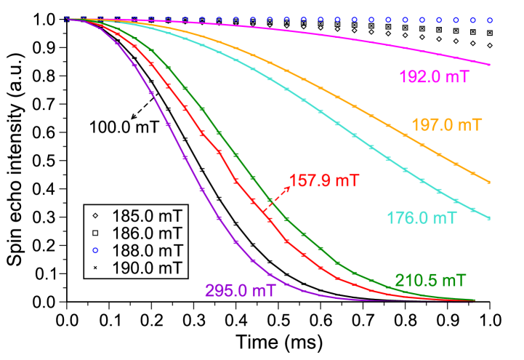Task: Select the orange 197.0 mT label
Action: point(446,125)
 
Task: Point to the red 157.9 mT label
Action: point(323,180)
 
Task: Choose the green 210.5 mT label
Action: point(430,280)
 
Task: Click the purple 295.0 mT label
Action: point(240,291)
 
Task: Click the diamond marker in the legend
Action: point(94,216)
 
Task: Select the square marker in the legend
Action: point(94,233)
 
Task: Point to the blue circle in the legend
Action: point(94,251)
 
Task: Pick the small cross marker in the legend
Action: point(94,268)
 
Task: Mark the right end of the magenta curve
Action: point(490,65)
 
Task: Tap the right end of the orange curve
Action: point(490,182)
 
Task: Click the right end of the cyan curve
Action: point(490,217)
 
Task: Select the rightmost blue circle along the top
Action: point(490,20)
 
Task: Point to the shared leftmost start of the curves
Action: point(67,20)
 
